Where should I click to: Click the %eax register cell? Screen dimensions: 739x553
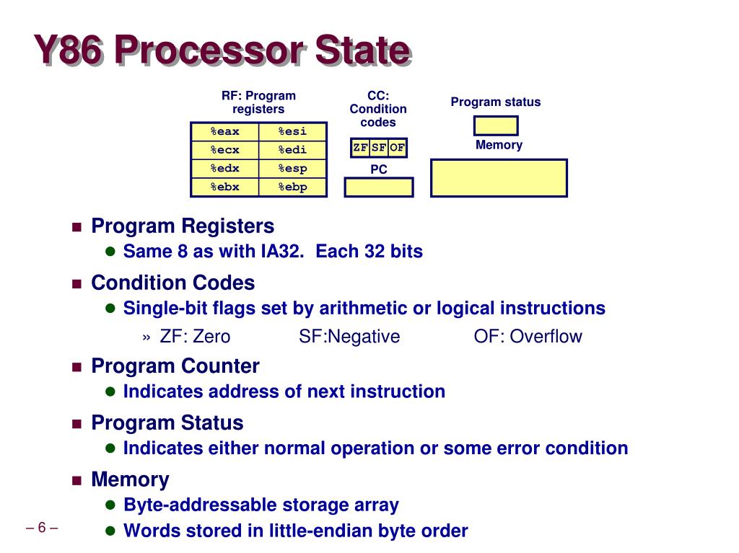coord(224,131)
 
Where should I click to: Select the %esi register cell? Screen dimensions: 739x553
coord(292,131)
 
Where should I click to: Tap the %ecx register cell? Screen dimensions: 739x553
coord(224,150)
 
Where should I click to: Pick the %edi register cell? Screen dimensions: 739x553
coord(292,150)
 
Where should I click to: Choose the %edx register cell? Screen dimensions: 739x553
coord(224,169)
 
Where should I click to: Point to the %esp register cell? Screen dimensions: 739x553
coord(292,169)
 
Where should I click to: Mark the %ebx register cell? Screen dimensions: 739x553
coord(224,187)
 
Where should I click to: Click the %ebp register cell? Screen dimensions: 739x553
coord(292,187)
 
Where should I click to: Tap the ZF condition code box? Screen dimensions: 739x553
coord(360,148)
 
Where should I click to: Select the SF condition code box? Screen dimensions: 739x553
coord(379,148)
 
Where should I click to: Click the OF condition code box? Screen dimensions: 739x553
coord(398,148)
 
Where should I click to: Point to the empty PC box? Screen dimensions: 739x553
coord(379,187)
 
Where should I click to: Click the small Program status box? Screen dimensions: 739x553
coord(496,125)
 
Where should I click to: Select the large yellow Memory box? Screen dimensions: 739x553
coord(499,178)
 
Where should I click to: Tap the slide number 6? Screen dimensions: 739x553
coord(42,527)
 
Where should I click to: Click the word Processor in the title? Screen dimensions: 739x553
coord(209,51)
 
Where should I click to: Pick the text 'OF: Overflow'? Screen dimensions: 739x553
coord(528,337)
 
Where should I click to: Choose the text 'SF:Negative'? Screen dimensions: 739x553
coord(349,337)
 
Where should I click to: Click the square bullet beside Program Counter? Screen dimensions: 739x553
coord(77,367)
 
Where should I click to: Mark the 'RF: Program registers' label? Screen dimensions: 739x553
coord(258,102)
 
